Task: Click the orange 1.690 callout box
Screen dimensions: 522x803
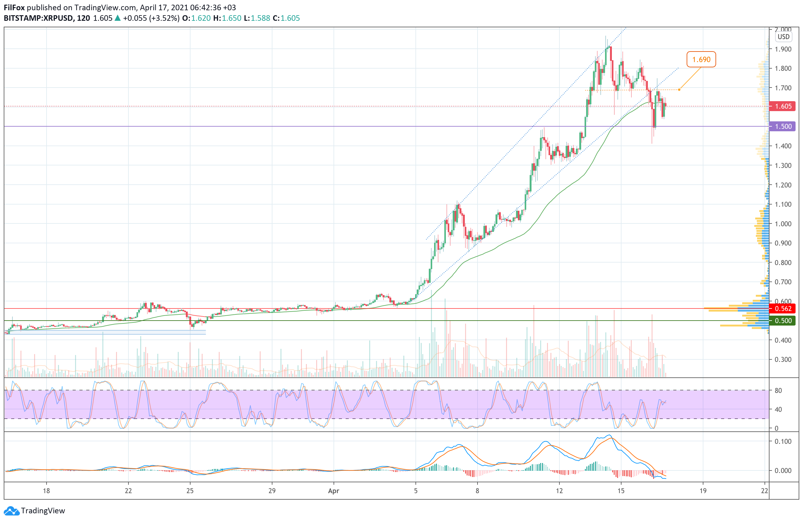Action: click(701, 59)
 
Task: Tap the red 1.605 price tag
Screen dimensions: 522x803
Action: click(783, 106)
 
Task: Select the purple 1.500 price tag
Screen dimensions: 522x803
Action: click(783, 127)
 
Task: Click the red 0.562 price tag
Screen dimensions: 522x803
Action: click(783, 308)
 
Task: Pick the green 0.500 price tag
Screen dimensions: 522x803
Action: click(783, 321)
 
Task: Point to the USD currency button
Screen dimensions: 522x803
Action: click(783, 37)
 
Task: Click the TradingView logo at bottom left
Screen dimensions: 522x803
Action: click(35, 511)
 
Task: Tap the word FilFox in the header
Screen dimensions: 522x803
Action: click(14, 7)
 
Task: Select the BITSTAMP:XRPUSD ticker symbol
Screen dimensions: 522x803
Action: click(38, 18)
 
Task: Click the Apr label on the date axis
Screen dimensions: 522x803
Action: click(333, 491)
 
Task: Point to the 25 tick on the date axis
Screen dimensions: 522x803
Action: click(190, 491)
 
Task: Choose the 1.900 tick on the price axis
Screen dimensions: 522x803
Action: click(783, 49)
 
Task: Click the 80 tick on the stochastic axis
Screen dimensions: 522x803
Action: click(778, 390)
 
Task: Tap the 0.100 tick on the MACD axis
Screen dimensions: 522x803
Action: click(783, 441)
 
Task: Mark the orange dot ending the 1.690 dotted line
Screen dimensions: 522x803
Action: click(679, 90)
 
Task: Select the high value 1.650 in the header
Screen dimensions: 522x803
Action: click(231, 18)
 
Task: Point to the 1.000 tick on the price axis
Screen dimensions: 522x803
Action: click(783, 224)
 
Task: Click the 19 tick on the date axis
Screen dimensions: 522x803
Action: click(703, 491)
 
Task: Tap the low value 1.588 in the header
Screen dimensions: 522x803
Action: click(260, 18)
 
